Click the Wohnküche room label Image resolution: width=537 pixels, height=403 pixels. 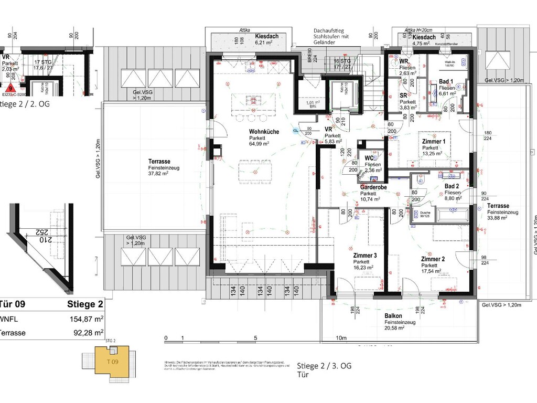point(264,132)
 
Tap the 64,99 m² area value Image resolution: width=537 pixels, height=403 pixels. point(259,143)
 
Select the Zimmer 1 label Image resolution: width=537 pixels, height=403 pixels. point(434,142)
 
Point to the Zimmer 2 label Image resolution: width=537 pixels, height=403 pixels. point(433,259)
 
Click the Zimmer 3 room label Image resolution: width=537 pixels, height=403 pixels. point(365,256)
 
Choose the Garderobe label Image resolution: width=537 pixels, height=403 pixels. point(373,187)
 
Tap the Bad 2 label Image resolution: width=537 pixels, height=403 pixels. point(452,186)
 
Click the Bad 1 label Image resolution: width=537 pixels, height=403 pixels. point(447,82)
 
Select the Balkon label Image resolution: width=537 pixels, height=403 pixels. point(393,316)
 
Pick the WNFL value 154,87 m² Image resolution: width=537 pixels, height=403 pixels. point(87,319)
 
